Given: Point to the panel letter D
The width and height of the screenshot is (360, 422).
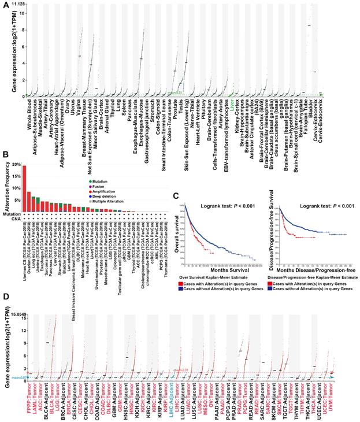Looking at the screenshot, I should (x=6, y=296).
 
